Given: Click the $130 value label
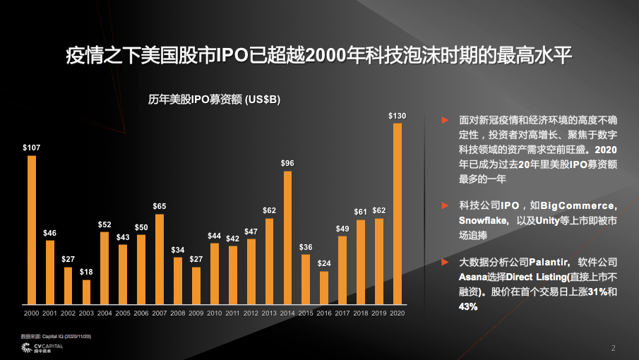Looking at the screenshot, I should point(398,115).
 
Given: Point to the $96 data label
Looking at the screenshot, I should point(287,163).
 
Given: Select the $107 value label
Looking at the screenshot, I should point(32,148).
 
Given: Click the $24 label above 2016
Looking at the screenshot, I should point(324,263).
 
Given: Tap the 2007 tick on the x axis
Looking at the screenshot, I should point(160,313).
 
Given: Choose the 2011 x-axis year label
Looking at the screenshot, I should point(232,313).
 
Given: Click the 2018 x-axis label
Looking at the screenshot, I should point(361,313).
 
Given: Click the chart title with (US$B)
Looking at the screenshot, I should point(214,100).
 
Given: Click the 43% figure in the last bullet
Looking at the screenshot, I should point(467,306).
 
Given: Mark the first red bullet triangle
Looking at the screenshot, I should point(445,121).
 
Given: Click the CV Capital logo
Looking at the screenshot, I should point(42,348).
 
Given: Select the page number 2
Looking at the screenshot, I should point(613,348).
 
